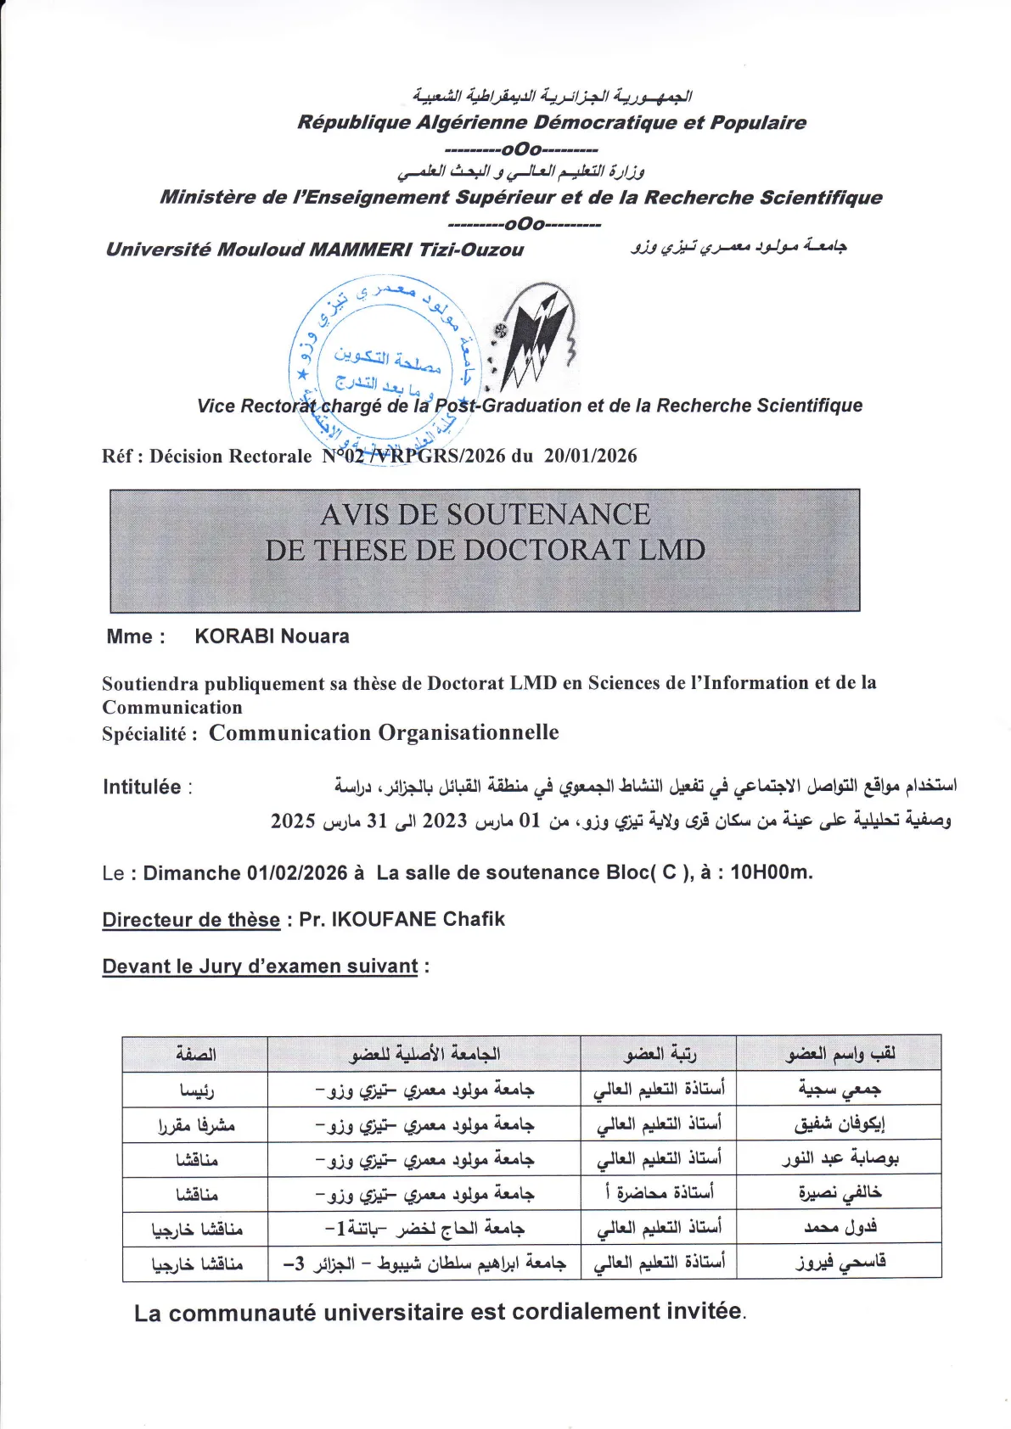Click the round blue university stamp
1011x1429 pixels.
(385, 365)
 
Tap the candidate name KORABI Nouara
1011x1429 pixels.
(272, 636)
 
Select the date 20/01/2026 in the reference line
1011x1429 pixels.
(590, 456)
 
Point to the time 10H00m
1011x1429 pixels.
(770, 872)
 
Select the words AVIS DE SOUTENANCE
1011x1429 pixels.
(485, 514)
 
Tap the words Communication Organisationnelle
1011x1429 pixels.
(384, 732)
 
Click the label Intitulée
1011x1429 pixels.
(142, 787)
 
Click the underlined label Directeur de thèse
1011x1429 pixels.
(191, 920)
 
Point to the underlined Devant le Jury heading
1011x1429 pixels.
(260, 967)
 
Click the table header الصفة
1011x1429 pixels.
(196, 1054)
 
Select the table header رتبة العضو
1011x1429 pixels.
(660, 1054)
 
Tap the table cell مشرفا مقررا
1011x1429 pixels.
(196, 1124)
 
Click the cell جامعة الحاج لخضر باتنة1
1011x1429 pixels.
(424, 1228)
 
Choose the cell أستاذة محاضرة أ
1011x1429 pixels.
(660, 1193)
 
